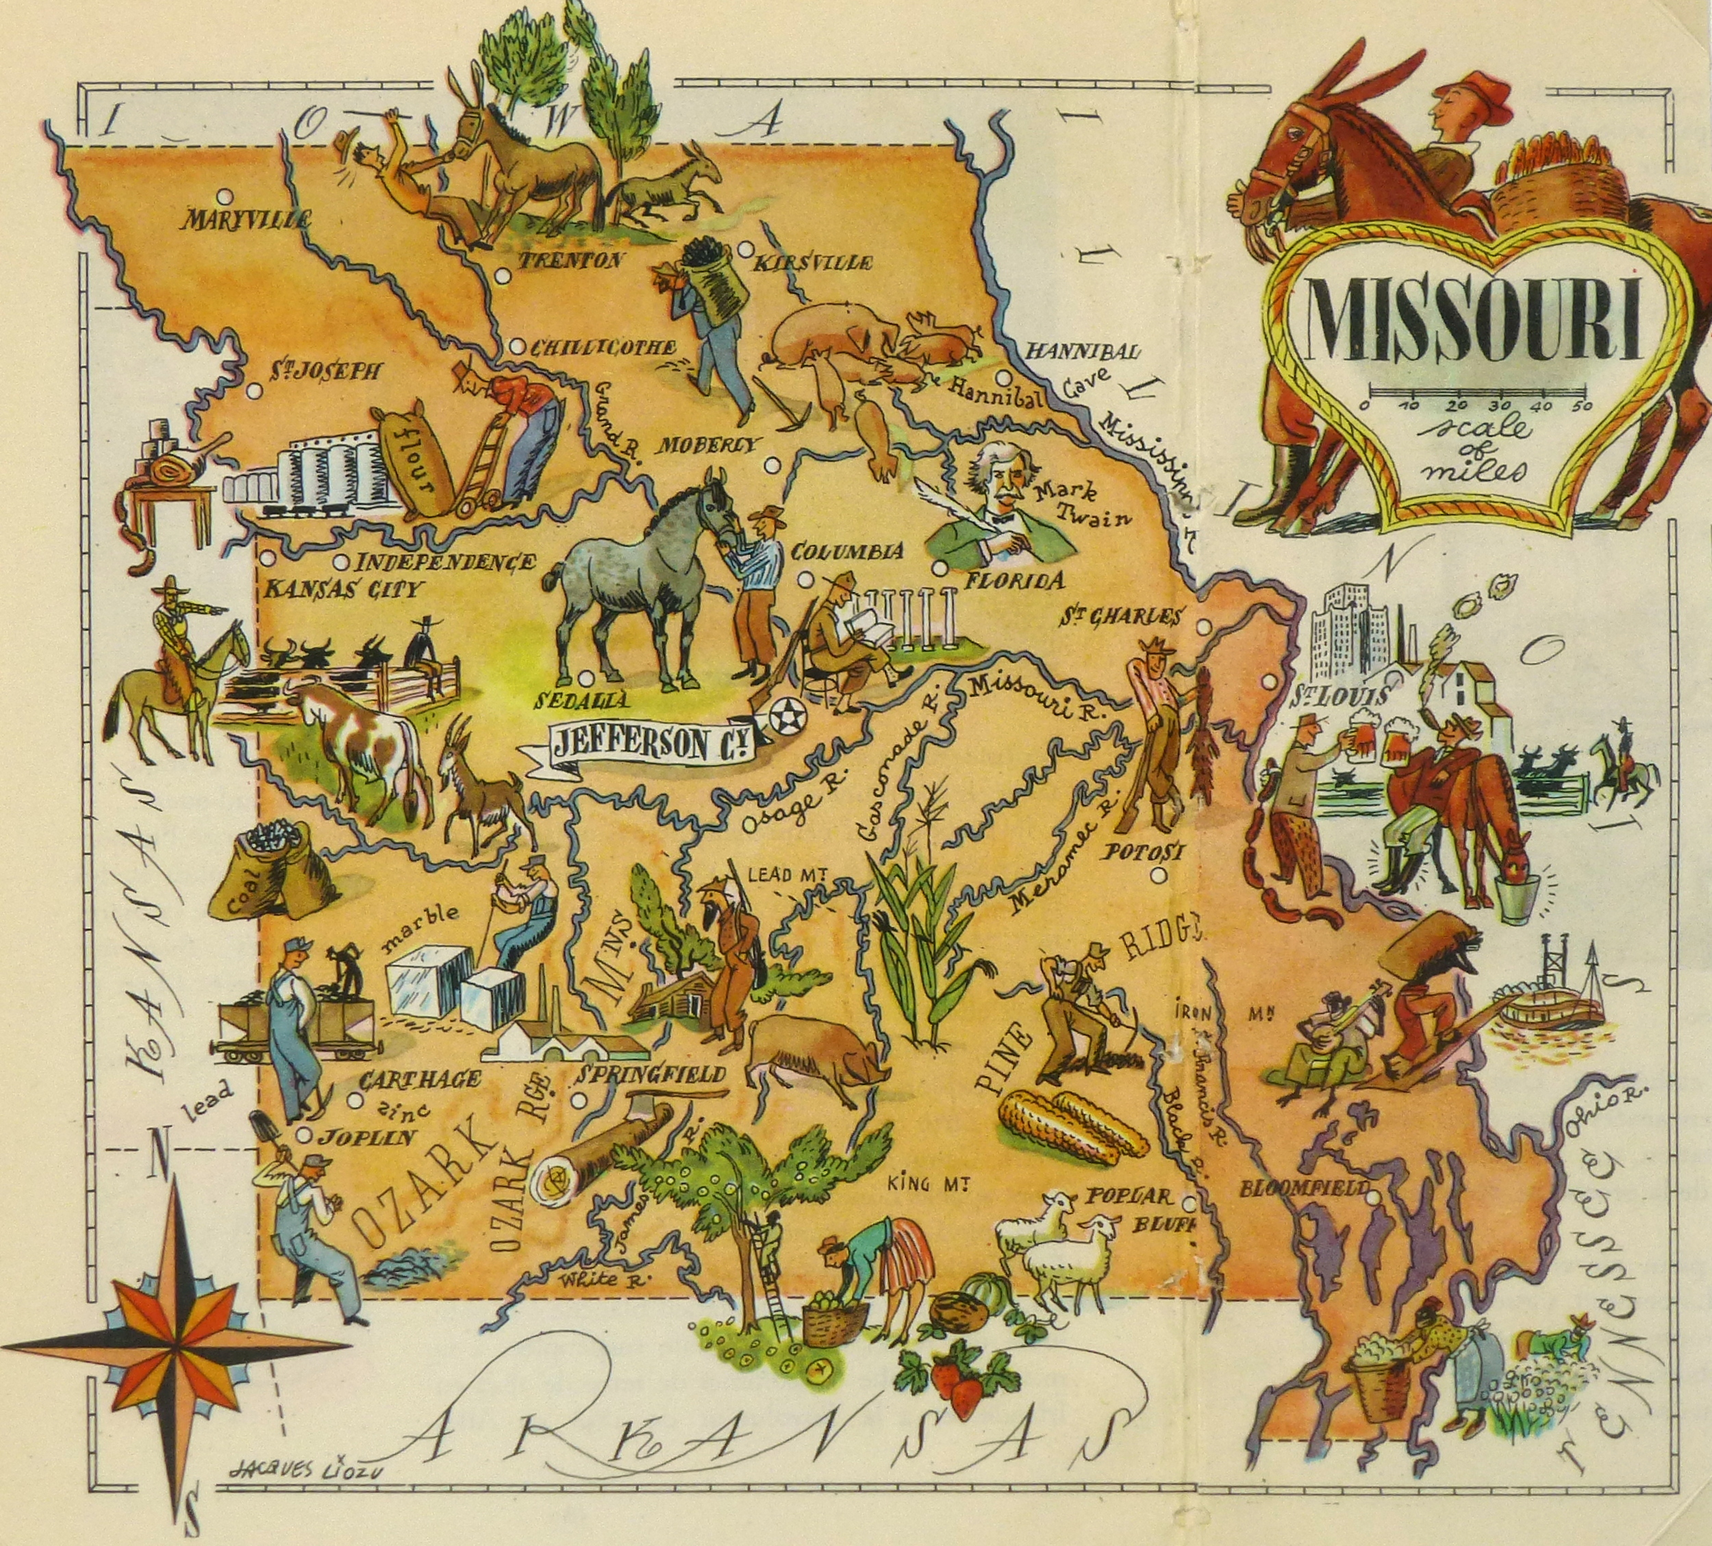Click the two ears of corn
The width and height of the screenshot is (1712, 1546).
(1068, 1125)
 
